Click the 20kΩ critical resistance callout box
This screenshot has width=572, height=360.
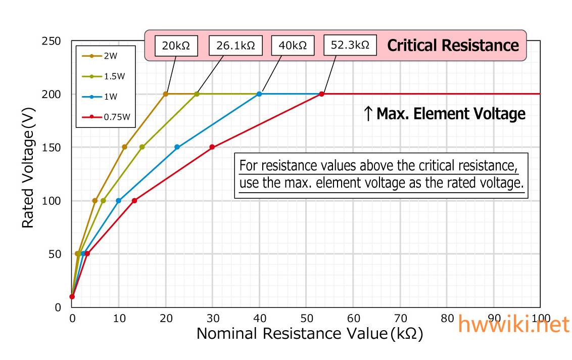coord(176,46)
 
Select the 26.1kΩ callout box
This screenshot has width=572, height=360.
coord(235,46)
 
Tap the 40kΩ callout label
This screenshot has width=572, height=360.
coord(293,46)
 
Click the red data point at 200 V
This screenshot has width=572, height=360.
coord(321,94)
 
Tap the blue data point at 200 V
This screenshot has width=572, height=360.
coord(259,94)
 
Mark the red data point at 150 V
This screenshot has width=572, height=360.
coord(212,147)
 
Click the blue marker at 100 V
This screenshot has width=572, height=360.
coord(119,201)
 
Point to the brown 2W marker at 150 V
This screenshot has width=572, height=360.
coord(125,147)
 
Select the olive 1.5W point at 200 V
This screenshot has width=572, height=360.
coord(197,94)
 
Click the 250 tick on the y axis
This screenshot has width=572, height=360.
coord(51,41)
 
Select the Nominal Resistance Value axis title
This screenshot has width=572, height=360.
coord(309,334)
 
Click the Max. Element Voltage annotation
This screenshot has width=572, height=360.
coord(445,114)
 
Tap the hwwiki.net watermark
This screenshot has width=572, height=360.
coord(513,325)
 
